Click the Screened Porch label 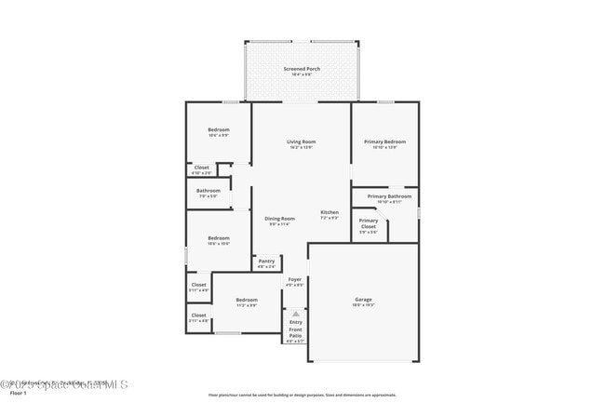pyautogui.click(x=301, y=70)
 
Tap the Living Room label pyautogui.click(x=301, y=141)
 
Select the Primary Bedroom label pyautogui.click(x=384, y=141)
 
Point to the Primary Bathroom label pyautogui.click(x=389, y=196)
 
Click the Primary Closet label pyautogui.click(x=369, y=223)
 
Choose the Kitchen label pyautogui.click(x=329, y=213)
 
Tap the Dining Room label pyautogui.click(x=279, y=219)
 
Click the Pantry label pyautogui.click(x=266, y=262)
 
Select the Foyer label pyautogui.click(x=294, y=279)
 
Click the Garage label pyautogui.click(x=363, y=300)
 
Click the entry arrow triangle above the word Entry pyautogui.click(x=295, y=314)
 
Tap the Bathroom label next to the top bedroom pyautogui.click(x=208, y=191)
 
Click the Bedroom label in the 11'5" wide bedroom pyautogui.click(x=246, y=300)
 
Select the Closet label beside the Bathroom pyautogui.click(x=202, y=168)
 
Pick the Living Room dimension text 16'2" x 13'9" pyautogui.click(x=301, y=147)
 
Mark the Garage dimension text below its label pyautogui.click(x=363, y=305)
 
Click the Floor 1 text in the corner pyautogui.click(x=13, y=395)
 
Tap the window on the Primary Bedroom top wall pyautogui.click(x=384, y=101)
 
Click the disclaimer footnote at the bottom pyautogui.click(x=301, y=395)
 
